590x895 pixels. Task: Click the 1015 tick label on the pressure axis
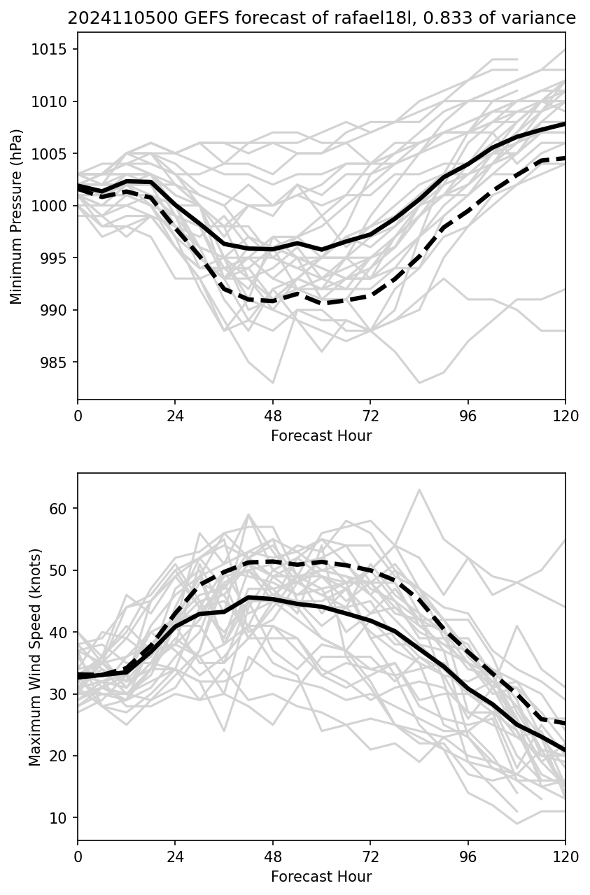(x=53, y=49)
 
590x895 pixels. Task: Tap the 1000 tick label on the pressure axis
(x=53, y=206)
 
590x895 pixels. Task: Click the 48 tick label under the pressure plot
(x=273, y=416)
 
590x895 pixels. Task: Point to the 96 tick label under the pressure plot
(x=468, y=416)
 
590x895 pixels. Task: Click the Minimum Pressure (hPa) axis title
(x=17, y=216)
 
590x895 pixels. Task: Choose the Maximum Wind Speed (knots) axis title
(x=35, y=656)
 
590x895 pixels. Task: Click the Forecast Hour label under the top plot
(x=321, y=436)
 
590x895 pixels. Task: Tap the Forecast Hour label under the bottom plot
(x=321, y=877)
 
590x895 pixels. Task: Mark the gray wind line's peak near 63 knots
(x=419, y=489)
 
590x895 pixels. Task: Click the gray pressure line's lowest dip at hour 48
(x=273, y=383)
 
